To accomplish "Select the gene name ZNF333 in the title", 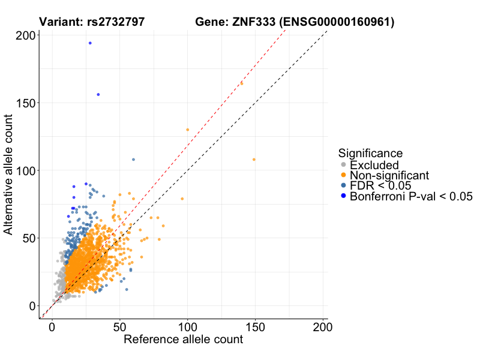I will [250, 23].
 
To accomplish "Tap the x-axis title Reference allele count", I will [183, 340].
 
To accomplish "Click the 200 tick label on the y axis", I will [24, 35].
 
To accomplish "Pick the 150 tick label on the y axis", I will [24, 103].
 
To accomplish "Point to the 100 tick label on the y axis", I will [24, 170].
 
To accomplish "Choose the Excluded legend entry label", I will [374, 165].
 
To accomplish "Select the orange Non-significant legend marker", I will [343, 175].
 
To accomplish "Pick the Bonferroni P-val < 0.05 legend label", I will [412, 196].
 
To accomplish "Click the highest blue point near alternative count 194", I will [90, 43].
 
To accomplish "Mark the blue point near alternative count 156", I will [98, 94].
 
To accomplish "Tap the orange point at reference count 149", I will [254, 160].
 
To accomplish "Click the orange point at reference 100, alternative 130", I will [187, 130].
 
